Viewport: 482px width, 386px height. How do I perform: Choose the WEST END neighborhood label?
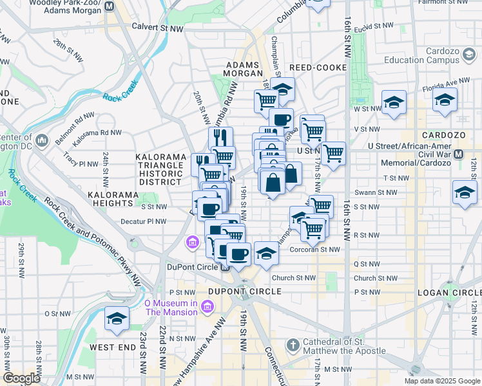pos(113,347)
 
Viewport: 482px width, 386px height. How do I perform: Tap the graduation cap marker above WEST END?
pos(117,318)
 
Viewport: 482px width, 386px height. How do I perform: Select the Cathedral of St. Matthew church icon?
pos(291,345)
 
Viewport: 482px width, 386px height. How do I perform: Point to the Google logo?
pos(22,378)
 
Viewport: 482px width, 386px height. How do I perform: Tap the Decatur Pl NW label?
pos(144,221)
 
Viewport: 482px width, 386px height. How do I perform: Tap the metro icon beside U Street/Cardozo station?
pos(459,154)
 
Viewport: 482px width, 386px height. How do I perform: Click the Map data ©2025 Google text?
pos(441,381)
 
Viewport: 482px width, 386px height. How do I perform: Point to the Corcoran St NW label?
pos(315,249)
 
